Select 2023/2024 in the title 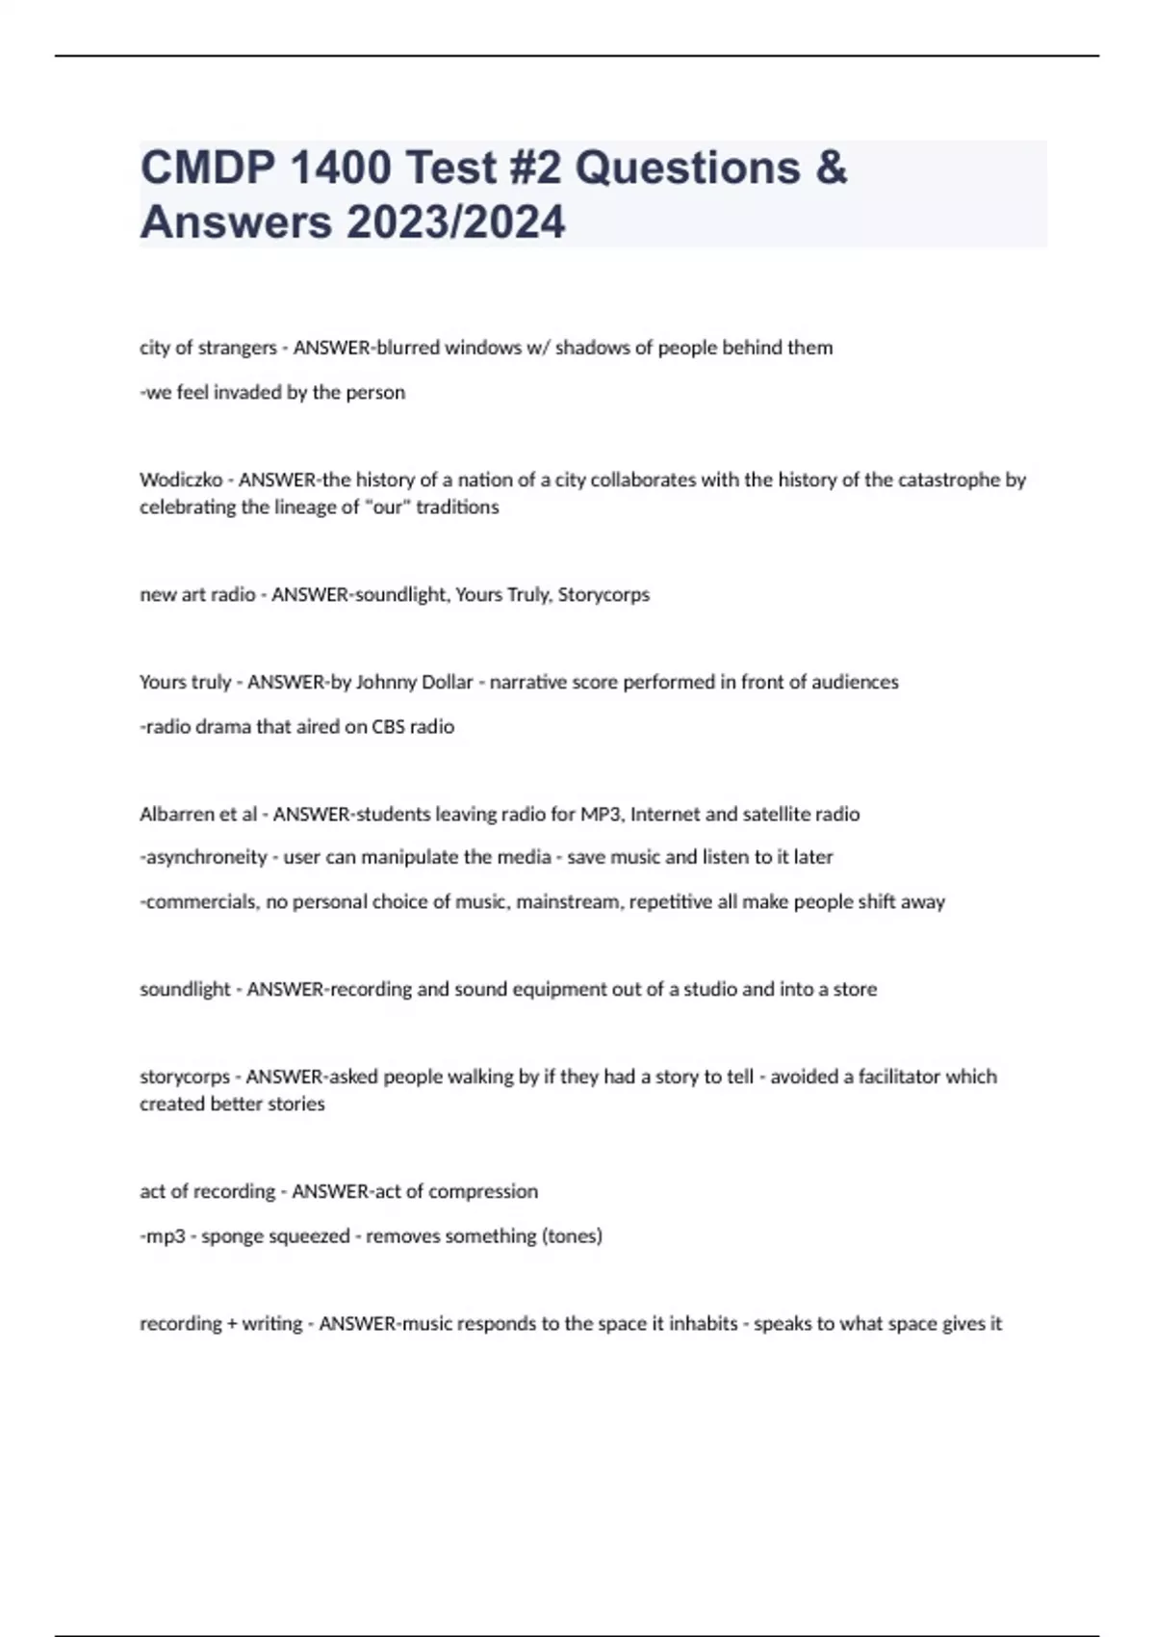click(x=456, y=222)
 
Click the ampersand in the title click(x=831, y=168)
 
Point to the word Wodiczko click(x=181, y=480)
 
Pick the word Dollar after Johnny click(x=448, y=682)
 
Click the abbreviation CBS click(x=388, y=727)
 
